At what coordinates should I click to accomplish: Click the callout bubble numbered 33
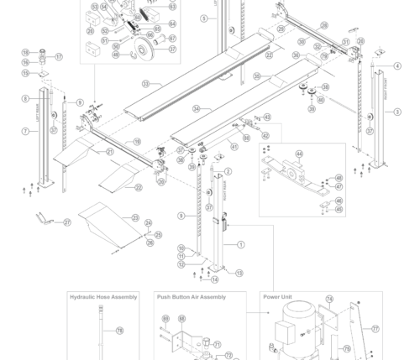click(145, 84)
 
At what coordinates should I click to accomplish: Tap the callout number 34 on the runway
click(196, 109)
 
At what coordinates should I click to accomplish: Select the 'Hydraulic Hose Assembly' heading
click(103, 297)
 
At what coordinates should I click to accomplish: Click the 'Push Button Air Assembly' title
click(191, 297)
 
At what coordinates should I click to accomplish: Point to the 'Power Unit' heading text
click(277, 297)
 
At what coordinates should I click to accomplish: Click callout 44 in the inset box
click(299, 154)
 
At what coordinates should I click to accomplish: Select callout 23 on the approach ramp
click(134, 217)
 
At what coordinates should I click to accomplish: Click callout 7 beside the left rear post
click(25, 131)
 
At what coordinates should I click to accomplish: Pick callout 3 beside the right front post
click(397, 112)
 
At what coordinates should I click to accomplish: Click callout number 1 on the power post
click(241, 245)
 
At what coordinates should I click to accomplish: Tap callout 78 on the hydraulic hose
click(119, 331)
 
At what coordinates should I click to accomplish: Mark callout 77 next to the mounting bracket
click(375, 330)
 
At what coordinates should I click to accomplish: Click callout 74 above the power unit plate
click(329, 300)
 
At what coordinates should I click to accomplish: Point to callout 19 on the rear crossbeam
click(137, 142)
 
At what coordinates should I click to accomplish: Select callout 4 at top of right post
click(397, 66)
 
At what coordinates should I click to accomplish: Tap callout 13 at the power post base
click(239, 274)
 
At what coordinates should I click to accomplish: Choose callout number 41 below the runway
click(235, 147)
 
